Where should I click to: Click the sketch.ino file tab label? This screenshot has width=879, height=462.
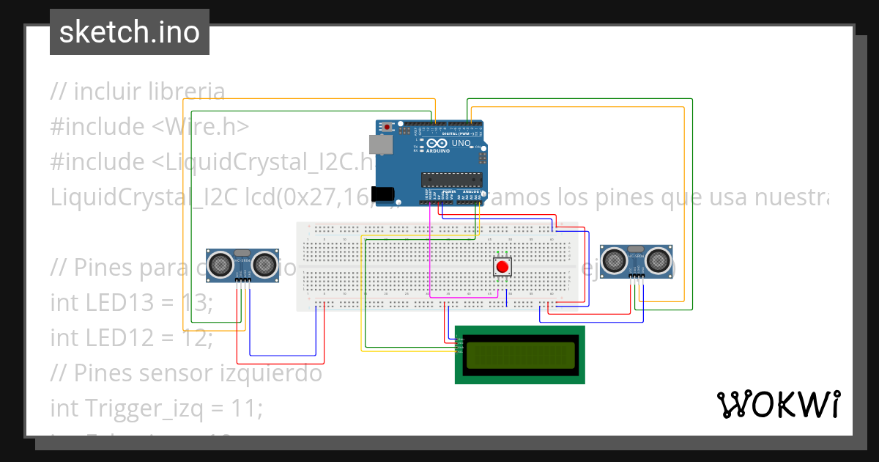[130, 32]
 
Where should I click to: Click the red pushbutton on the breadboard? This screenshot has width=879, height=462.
[502, 265]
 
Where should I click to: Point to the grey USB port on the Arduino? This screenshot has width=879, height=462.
[379, 145]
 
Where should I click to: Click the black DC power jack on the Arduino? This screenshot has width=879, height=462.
[383, 194]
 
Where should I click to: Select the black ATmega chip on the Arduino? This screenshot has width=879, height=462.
[451, 179]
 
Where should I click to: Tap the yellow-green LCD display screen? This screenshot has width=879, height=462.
[519, 355]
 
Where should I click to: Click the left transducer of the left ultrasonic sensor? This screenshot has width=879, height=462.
[220, 264]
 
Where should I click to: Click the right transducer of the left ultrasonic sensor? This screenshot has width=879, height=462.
[266, 264]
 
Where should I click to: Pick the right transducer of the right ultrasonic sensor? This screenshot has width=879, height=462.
[659, 260]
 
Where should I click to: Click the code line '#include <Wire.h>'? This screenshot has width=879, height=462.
[149, 126]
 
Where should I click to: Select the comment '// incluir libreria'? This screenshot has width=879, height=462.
[137, 92]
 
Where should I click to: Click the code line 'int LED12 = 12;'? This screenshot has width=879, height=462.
[131, 337]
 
